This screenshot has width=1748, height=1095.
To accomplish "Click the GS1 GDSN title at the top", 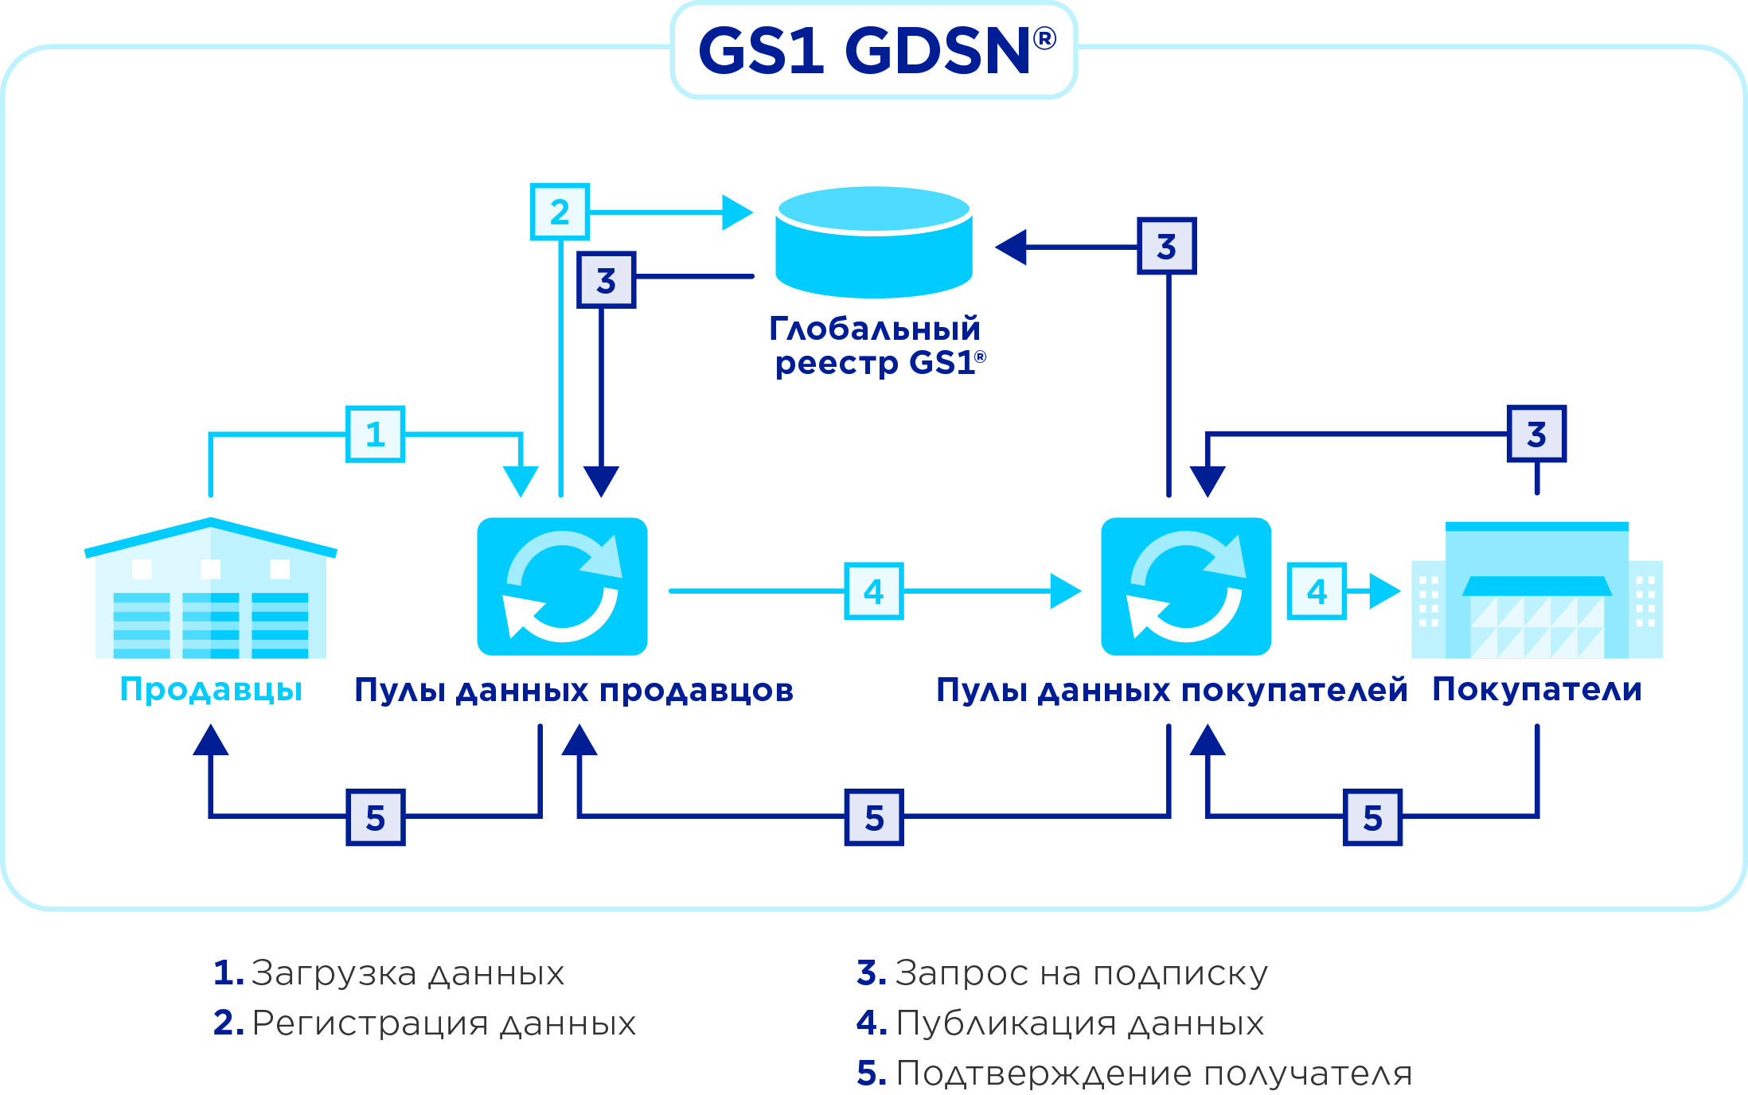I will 874,51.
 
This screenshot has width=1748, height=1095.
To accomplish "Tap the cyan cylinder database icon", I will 874,242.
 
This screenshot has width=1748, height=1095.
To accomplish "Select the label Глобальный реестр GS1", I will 876,345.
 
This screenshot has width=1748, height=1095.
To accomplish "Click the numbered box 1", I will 375,434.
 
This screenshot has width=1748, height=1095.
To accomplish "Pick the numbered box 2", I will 560,212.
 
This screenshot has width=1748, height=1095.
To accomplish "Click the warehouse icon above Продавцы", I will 211,589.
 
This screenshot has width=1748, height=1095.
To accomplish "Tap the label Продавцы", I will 211,689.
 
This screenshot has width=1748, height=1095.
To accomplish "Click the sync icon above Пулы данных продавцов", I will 562,586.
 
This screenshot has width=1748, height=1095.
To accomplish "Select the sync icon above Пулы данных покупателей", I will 1185,586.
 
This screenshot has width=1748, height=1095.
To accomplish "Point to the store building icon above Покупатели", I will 1536,590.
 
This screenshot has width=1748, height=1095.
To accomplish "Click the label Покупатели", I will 1536,689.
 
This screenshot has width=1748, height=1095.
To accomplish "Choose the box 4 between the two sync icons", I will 873,591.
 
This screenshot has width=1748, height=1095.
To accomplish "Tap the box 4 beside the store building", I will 1317,591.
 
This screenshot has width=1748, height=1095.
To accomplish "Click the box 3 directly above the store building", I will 1536,434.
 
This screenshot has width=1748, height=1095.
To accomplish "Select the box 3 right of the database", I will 1166,246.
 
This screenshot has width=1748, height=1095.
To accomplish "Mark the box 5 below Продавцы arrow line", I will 375,817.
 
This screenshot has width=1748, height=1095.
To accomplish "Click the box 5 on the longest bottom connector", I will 874,817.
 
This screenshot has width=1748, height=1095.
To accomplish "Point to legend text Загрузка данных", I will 408,973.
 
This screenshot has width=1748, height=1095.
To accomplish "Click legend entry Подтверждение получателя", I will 1153,1074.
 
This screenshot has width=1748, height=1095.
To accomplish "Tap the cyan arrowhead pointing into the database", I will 737,212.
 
